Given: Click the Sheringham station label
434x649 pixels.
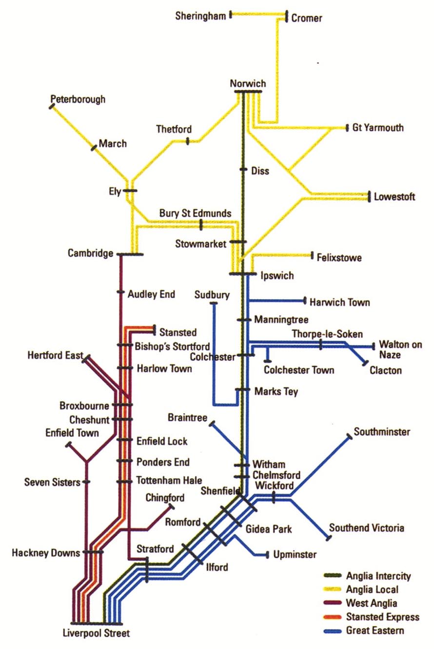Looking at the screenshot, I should pos(200,16).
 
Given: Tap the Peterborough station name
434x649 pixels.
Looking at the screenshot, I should pos(78,100).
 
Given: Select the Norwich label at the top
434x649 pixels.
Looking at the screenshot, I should pos(248,83).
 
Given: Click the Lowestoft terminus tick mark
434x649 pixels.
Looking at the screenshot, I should pos(369,196).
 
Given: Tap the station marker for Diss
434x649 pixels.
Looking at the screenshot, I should pos(243,170).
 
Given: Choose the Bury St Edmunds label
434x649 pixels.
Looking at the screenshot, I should pos(195,214).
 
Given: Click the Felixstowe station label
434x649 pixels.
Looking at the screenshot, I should pos(339,257).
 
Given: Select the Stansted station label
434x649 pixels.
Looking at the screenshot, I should pos(178,333).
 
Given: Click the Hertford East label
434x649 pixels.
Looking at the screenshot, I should pos(55,355).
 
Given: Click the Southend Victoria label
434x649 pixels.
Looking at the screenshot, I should pos(367,528).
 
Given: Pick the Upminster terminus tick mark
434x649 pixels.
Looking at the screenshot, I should pos(267,554).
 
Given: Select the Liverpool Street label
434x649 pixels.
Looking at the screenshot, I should pos(97,634).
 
